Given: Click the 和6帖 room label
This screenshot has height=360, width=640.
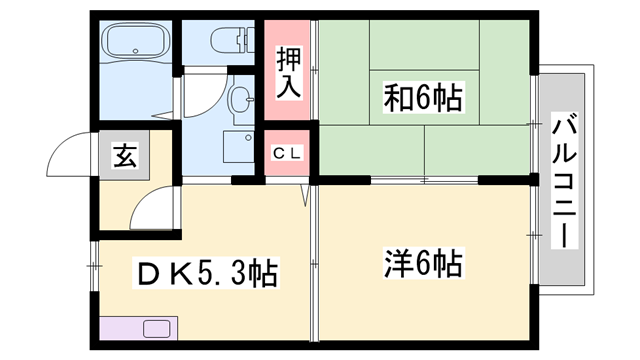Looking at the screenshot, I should click(422, 99).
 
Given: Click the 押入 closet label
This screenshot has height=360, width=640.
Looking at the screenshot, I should click(288, 73).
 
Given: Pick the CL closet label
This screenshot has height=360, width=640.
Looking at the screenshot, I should click(288, 154).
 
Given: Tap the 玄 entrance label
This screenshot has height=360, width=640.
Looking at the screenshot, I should click(124, 156).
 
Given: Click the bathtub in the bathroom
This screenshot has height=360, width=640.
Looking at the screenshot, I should click(138, 45).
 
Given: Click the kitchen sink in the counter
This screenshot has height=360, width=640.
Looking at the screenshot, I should click(158, 328).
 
